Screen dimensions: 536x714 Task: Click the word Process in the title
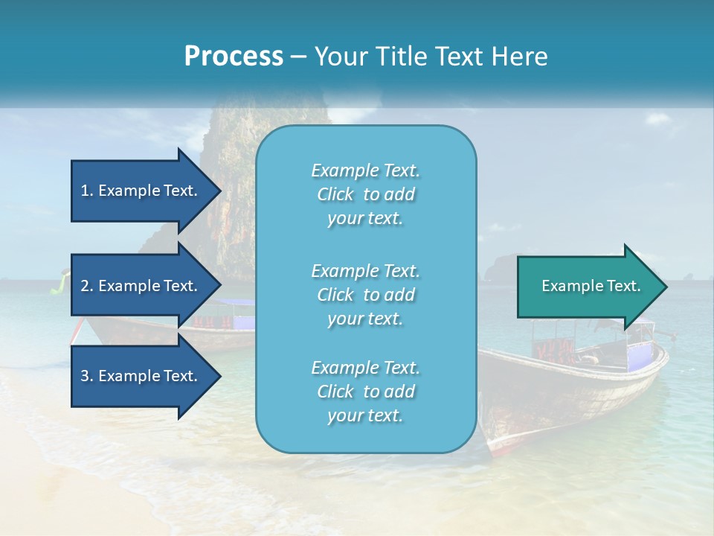coord(234,57)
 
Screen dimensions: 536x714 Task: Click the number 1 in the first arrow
coord(84,191)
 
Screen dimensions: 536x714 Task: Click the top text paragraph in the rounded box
coord(365,194)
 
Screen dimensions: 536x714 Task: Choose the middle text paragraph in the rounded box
coord(365,295)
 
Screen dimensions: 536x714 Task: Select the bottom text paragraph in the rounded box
coord(365,392)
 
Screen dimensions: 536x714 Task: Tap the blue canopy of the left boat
coord(237,303)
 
